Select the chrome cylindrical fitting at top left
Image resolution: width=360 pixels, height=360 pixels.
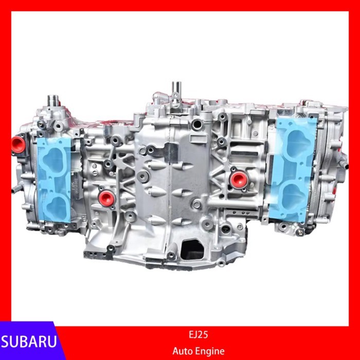(x=54, y=101)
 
